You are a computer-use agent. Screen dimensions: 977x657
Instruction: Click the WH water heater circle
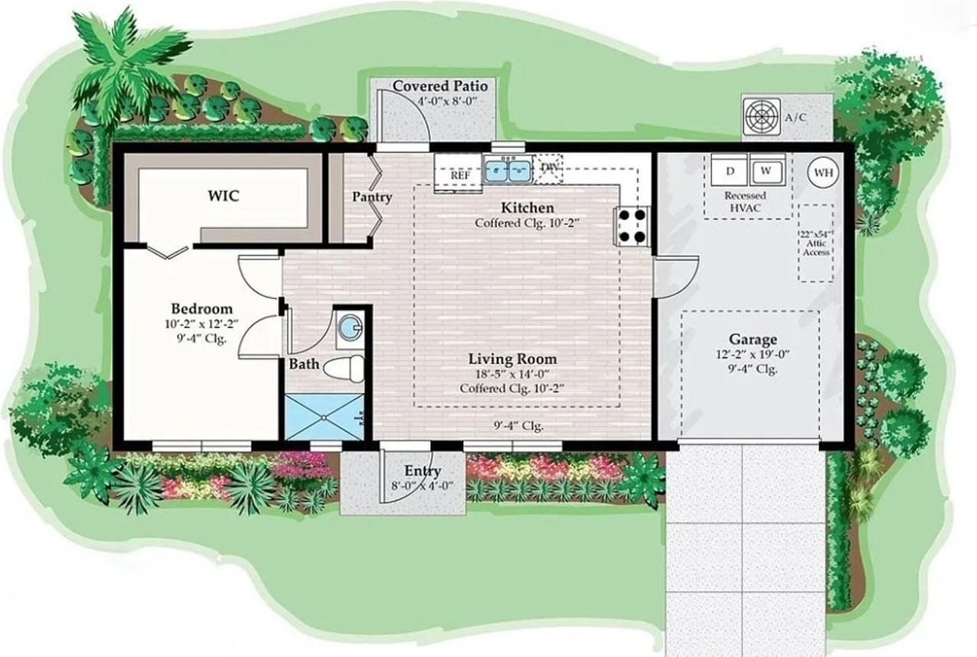point(824,172)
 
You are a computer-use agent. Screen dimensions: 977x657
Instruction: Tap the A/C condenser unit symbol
point(762,117)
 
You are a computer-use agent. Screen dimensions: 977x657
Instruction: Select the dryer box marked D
point(730,170)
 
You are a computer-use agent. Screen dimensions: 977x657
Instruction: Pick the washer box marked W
point(767,170)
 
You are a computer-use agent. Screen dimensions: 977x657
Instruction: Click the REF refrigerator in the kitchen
point(459,172)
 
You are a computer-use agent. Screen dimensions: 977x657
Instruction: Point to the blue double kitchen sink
point(508,170)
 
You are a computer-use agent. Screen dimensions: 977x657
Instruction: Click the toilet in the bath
point(344,369)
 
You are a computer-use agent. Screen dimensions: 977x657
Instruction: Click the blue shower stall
point(324,417)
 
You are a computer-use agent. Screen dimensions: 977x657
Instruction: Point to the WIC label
point(224,196)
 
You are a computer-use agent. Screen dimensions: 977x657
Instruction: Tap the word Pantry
point(372,197)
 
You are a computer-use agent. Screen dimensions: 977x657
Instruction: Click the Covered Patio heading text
point(440,86)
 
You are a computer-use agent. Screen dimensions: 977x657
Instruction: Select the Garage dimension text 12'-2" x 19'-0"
point(753,354)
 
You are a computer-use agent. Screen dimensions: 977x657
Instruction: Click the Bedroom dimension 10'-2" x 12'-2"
point(202,324)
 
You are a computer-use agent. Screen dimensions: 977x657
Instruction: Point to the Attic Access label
point(816,248)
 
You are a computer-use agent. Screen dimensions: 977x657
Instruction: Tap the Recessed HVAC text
point(745,202)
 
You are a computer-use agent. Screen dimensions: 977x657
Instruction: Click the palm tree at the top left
point(124,66)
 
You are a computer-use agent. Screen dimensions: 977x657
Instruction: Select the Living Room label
point(512,359)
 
